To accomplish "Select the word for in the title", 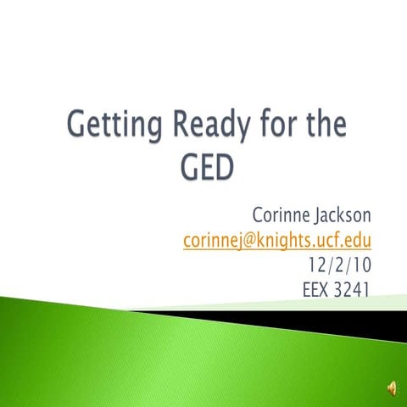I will pos(269,127).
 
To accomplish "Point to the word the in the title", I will pos(323,127).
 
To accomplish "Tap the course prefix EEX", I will pos(318,290).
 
